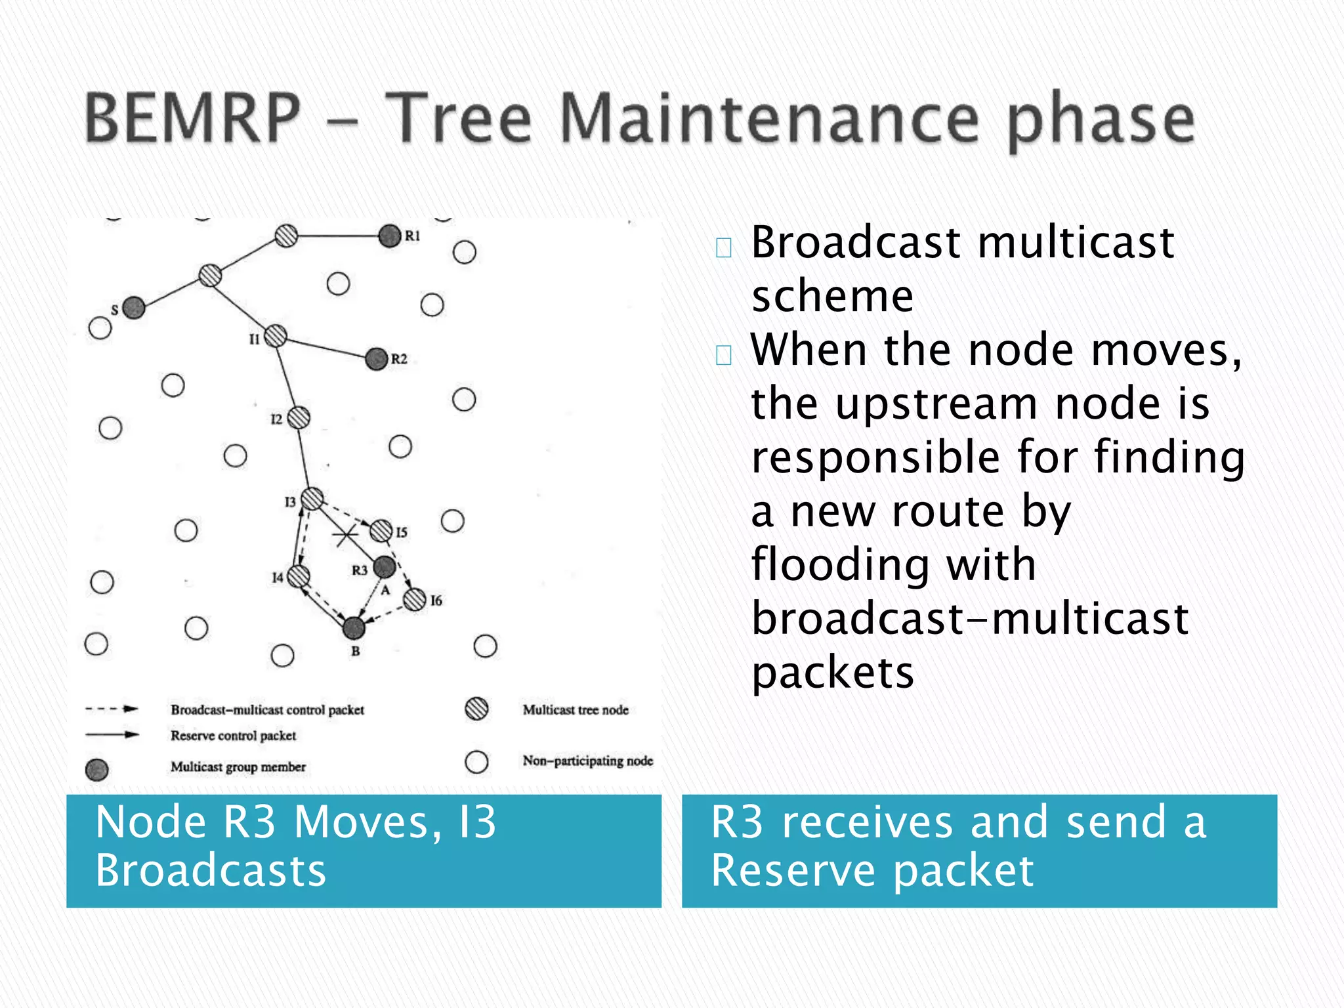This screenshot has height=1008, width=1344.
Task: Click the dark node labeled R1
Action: [x=390, y=236]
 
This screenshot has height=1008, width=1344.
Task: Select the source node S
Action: [x=134, y=307]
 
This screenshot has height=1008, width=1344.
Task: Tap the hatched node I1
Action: [x=276, y=335]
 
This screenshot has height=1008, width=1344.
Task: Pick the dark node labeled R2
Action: [x=377, y=358]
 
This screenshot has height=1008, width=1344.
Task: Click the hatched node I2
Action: [x=299, y=417]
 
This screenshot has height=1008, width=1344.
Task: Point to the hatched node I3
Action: [x=312, y=499]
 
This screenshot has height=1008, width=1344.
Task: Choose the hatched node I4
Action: [x=299, y=576]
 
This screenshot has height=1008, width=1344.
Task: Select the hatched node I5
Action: [x=381, y=530]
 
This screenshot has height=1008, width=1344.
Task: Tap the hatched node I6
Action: [x=415, y=599]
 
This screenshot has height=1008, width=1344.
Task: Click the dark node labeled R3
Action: [x=385, y=567]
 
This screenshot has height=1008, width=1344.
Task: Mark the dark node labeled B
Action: [x=354, y=628]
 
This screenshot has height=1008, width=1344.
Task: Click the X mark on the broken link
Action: [x=345, y=535]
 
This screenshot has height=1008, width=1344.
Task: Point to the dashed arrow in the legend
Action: [x=112, y=709]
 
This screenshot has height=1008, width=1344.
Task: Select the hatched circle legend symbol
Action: [x=476, y=709]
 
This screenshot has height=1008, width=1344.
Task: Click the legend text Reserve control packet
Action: [x=234, y=736]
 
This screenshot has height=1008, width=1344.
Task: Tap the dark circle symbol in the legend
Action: [x=97, y=769]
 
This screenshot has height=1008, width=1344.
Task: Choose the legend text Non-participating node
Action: [x=587, y=761]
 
